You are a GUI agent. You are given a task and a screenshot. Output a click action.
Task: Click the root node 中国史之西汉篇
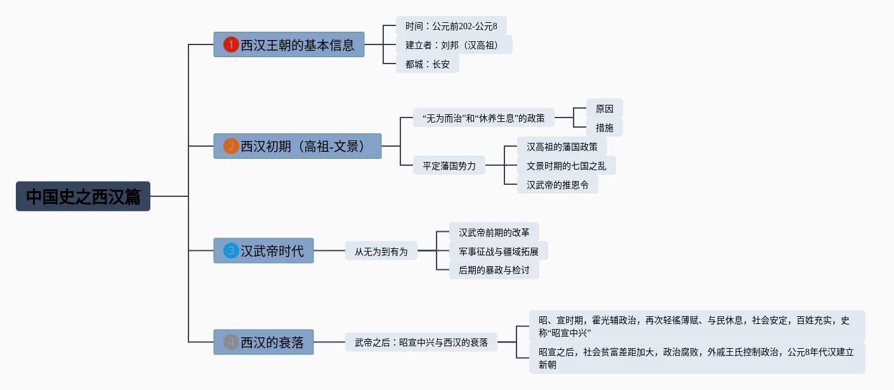pos(83,196)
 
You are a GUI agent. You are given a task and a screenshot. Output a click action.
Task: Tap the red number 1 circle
pos(232,44)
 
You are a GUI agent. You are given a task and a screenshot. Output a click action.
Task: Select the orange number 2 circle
pos(232,146)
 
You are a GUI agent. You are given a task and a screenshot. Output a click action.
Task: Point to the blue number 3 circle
pos(232,251)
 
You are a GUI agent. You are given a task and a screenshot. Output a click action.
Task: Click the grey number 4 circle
pos(232,342)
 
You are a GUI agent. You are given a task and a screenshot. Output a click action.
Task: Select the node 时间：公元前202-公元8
pos(451,26)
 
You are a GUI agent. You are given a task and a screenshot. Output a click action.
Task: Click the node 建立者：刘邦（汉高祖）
pos(454,44)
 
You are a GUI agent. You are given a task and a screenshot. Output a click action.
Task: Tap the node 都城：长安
pos(427,64)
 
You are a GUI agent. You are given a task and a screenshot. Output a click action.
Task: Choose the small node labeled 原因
pos(604,108)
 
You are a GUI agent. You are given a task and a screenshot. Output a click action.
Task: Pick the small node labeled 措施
pos(604,127)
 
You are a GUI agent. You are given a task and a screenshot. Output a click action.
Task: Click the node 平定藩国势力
pos(449,166)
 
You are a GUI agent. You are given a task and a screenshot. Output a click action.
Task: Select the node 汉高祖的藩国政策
pos(562,147)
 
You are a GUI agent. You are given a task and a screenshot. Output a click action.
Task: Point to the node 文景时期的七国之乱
pos(566,166)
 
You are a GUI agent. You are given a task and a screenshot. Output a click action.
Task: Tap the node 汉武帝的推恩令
pos(557,185)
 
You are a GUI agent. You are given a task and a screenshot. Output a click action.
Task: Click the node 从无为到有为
pos(381,252)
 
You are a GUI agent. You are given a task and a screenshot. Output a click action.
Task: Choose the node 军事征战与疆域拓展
pos(498,251)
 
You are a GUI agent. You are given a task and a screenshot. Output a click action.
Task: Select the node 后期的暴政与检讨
pos(494,270)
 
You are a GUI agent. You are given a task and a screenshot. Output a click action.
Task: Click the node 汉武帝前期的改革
pos(494,232)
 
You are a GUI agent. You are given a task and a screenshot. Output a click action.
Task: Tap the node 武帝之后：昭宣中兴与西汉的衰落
pos(421,342)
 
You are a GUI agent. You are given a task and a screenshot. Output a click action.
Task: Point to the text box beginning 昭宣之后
pos(697,358)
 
